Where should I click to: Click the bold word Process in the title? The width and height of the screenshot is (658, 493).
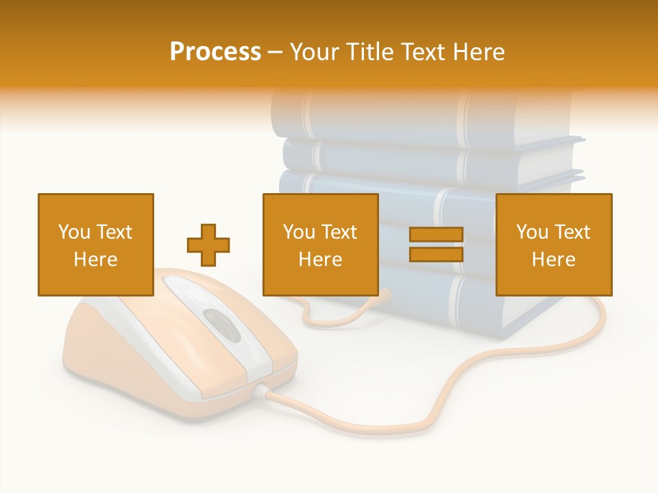coord(215,52)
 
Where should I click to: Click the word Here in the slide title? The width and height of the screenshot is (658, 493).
coord(476,52)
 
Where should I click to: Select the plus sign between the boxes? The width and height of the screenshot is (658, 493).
coord(208,244)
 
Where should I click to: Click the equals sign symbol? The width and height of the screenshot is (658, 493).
coord(436,244)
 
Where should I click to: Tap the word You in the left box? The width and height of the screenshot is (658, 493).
coord(74,232)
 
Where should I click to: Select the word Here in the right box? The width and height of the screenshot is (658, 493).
coord(554,260)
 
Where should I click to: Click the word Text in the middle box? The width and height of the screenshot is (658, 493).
coord(339,232)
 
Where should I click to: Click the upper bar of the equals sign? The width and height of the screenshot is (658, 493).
coord(436,234)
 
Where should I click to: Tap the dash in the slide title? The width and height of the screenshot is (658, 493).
coord(275,53)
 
